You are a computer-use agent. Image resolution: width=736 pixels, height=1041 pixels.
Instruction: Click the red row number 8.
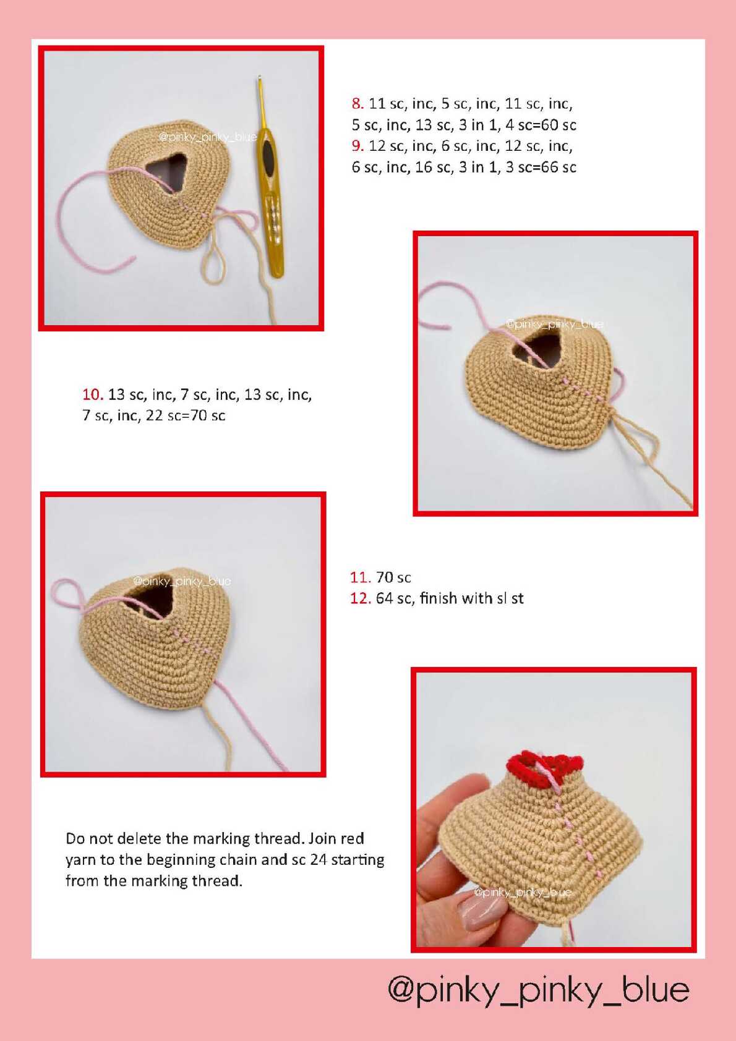pyautogui.click(x=357, y=104)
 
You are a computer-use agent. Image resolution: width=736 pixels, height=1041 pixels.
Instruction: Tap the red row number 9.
pyautogui.click(x=357, y=146)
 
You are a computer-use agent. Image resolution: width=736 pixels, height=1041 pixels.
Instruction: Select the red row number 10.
pyautogui.click(x=93, y=394)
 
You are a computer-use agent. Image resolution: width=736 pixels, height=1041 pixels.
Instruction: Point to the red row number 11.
pyautogui.click(x=360, y=577)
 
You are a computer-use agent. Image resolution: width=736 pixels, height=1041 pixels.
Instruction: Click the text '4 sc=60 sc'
pyautogui.click(x=541, y=125)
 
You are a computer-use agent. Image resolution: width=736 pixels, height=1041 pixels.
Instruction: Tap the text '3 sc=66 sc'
pyautogui.click(x=541, y=168)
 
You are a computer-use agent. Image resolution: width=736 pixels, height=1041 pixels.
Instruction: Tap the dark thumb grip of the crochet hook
pyautogui.click(x=269, y=158)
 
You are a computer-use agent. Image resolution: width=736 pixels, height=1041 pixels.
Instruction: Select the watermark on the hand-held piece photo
pyautogui.click(x=522, y=892)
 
